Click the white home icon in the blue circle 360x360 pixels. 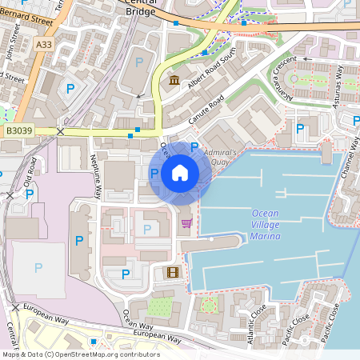180,172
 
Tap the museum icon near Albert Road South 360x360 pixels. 174,79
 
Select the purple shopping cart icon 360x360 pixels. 186,222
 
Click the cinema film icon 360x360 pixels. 173,272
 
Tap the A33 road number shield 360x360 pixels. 46,46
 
